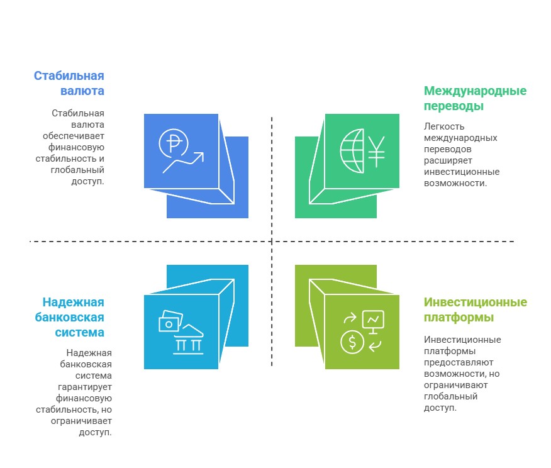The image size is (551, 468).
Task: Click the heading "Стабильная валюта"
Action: (x=69, y=83)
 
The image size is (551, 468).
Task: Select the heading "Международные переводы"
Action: (x=475, y=98)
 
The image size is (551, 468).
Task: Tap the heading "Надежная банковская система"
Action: (x=70, y=317)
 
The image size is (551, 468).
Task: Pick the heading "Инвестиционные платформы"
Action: (x=476, y=309)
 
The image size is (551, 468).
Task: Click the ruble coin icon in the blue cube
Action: (x=174, y=143)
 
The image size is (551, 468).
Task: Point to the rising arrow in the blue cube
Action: (x=183, y=163)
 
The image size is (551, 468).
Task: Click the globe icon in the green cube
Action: (x=352, y=151)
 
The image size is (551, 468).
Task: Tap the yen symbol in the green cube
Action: (x=376, y=152)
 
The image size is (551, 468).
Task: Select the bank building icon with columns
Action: (x=188, y=339)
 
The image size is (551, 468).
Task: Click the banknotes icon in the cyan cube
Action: (x=170, y=321)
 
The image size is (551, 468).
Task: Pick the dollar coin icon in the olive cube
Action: (x=352, y=342)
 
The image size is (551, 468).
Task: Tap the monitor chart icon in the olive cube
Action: (x=373, y=321)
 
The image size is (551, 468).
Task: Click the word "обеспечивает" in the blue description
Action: (x=74, y=136)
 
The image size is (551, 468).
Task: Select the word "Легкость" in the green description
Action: (x=444, y=126)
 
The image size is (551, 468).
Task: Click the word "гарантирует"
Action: (x=85, y=387)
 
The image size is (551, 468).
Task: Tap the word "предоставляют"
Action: (x=459, y=362)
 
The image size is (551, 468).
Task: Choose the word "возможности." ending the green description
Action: (x=455, y=183)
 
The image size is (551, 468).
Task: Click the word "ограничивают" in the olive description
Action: (x=456, y=385)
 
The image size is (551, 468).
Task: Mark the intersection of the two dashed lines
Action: (x=272, y=242)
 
